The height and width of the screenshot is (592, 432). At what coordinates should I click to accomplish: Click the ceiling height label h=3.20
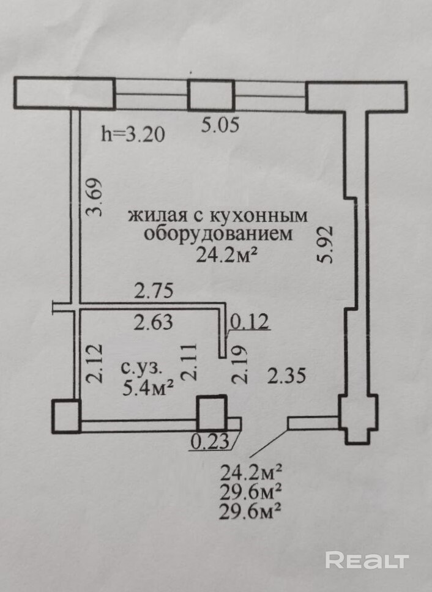(133, 134)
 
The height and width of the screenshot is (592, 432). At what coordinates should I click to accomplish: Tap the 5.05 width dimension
(220, 124)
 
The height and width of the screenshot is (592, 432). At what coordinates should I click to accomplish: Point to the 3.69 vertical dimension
(94, 197)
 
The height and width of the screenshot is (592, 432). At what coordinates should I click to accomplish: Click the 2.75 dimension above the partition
(154, 292)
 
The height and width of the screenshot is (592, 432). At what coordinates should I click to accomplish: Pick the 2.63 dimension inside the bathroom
(154, 322)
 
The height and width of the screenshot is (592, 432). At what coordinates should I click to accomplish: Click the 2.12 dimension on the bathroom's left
(94, 363)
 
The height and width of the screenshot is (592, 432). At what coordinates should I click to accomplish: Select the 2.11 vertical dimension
(189, 361)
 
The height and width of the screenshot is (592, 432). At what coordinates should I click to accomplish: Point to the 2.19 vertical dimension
(240, 365)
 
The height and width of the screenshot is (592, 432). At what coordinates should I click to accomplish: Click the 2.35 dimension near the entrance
(286, 376)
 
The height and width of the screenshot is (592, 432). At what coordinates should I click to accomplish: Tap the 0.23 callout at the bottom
(210, 442)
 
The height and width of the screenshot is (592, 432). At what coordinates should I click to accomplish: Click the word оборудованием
(218, 234)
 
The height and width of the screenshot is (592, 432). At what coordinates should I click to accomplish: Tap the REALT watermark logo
(367, 560)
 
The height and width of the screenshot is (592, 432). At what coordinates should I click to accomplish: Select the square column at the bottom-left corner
(66, 416)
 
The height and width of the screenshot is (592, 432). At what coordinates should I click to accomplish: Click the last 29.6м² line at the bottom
(250, 512)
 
